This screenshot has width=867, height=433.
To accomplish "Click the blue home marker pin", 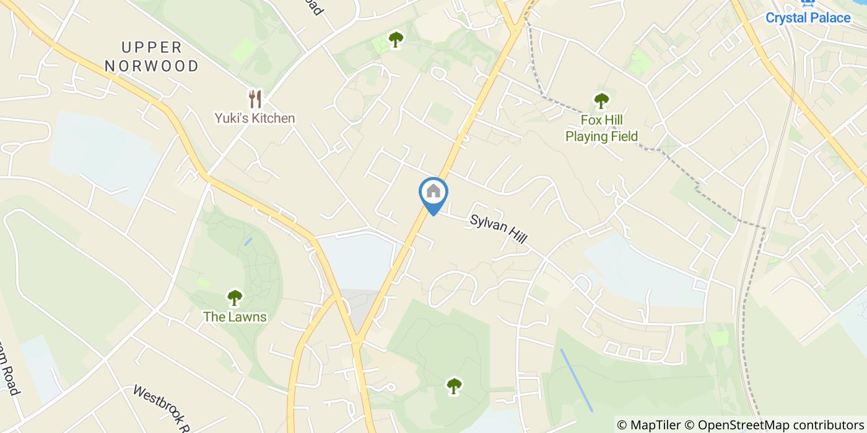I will (x=434, y=193).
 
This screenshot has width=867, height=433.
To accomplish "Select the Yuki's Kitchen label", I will (x=255, y=118).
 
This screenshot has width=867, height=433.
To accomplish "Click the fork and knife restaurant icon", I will (x=255, y=99).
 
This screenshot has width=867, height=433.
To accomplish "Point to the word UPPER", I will (x=152, y=48).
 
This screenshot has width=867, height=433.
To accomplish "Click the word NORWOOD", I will (x=152, y=66).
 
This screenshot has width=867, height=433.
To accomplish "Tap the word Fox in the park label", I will (x=593, y=120).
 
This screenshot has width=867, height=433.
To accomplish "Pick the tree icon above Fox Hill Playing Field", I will (x=601, y=100).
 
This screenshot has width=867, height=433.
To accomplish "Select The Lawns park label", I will (x=235, y=317).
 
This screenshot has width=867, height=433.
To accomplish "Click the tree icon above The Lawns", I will (x=235, y=298).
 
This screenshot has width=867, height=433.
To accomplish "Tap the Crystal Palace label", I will (x=808, y=18).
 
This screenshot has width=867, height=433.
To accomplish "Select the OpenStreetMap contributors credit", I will (x=780, y=425).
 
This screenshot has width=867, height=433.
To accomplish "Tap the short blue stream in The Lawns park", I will (x=248, y=241).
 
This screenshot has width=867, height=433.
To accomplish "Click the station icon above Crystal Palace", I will (x=808, y=3).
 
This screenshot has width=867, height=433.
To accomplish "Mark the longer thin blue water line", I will (x=577, y=380).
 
